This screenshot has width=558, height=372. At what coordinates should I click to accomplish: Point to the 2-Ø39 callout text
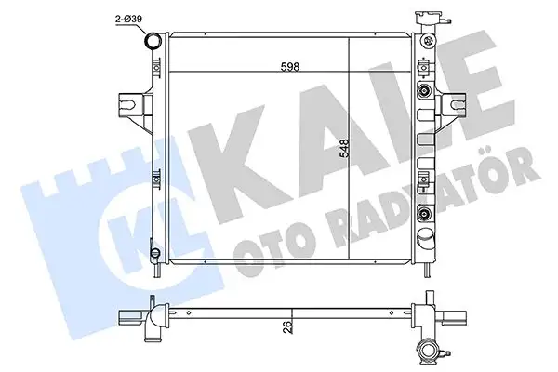click(129, 19)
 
